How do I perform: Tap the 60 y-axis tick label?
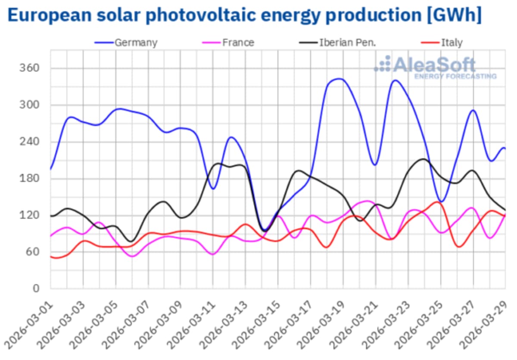pos(33,252)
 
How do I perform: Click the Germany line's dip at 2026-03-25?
pos(442,202)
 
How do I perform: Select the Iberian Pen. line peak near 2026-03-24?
pos(423,159)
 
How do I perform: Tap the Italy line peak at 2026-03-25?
pos(438,202)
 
